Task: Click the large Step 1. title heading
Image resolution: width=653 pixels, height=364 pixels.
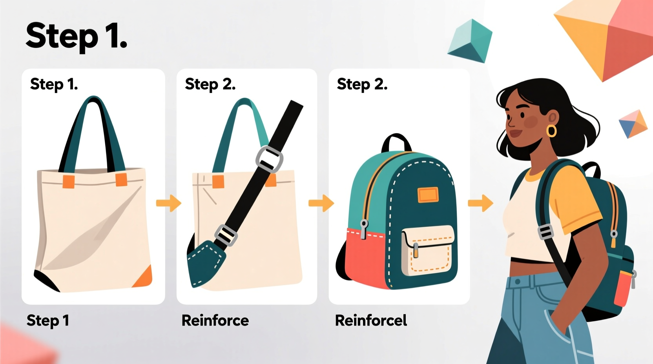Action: pos(77,36)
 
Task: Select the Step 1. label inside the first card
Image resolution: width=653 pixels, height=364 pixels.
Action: pos(54,84)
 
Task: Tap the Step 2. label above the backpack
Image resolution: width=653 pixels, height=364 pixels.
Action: pos(362,84)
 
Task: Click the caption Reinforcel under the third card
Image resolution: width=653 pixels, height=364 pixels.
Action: pos(371,320)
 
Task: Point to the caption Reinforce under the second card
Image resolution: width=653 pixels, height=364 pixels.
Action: pos(215,320)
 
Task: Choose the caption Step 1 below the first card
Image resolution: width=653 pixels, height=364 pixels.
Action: pos(48,320)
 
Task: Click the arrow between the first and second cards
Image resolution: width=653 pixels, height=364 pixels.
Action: pos(169,203)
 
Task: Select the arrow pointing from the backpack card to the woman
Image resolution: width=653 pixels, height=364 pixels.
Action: pos(480,203)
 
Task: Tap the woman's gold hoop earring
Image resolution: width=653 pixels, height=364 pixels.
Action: pos(551,131)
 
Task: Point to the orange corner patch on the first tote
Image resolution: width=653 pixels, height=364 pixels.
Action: pos(144,276)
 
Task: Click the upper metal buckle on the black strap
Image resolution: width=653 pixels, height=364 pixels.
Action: pos(269,159)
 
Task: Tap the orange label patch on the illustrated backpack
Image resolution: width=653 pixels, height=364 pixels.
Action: pos(428,195)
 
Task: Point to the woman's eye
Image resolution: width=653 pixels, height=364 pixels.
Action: pos(523,115)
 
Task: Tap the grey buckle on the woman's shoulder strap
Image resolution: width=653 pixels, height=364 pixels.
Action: pos(545,232)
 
